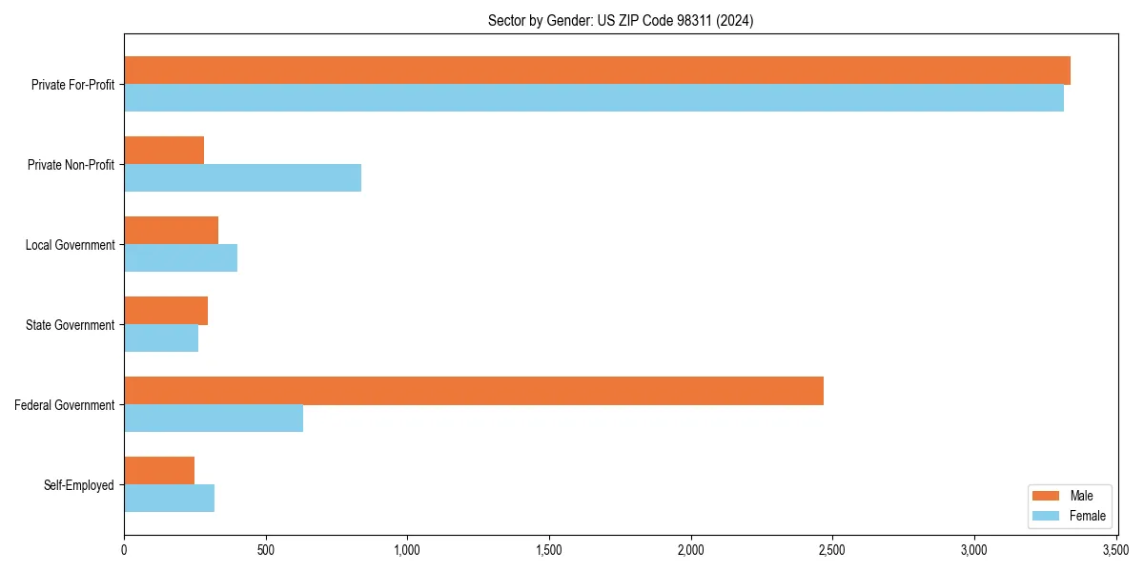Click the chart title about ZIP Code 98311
coord(621,21)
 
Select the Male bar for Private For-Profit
coord(597,71)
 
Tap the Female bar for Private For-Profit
coord(593,98)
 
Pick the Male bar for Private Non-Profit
coord(164,151)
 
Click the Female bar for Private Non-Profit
coord(242,178)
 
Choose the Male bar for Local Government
coord(171,231)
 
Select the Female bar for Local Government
coord(180,258)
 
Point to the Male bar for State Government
coord(166,311)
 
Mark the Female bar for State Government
coord(161,338)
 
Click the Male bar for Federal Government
coord(474,391)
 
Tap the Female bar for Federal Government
coord(214,419)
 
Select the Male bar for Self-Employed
coord(159,471)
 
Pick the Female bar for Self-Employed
coord(169,499)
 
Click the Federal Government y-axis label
coord(65,405)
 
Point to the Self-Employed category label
coord(79,485)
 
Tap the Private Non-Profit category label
coord(71,165)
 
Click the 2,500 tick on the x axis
coord(832,550)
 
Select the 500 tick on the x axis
coord(265,550)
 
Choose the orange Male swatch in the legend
coord(1046,496)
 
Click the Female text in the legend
coord(1088,516)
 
